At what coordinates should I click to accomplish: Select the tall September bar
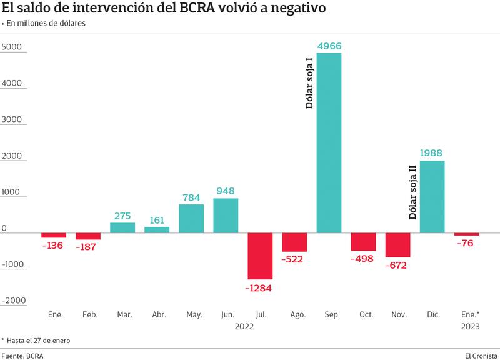click(x=329, y=142)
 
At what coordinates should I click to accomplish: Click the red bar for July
click(x=260, y=256)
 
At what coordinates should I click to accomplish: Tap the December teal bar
click(x=432, y=197)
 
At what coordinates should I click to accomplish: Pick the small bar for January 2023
click(x=466, y=234)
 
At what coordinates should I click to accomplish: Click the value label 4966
click(x=329, y=46)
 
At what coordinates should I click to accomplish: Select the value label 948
click(x=226, y=191)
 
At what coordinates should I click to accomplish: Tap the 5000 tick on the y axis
click(x=12, y=47)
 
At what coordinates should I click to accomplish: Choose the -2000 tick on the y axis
click(x=14, y=301)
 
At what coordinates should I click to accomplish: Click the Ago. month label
click(x=297, y=314)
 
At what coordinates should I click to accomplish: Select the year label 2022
click(x=244, y=326)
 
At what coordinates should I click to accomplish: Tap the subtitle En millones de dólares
click(x=46, y=24)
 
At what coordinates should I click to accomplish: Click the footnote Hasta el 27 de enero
click(x=39, y=341)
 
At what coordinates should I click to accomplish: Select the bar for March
click(x=122, y=227)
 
